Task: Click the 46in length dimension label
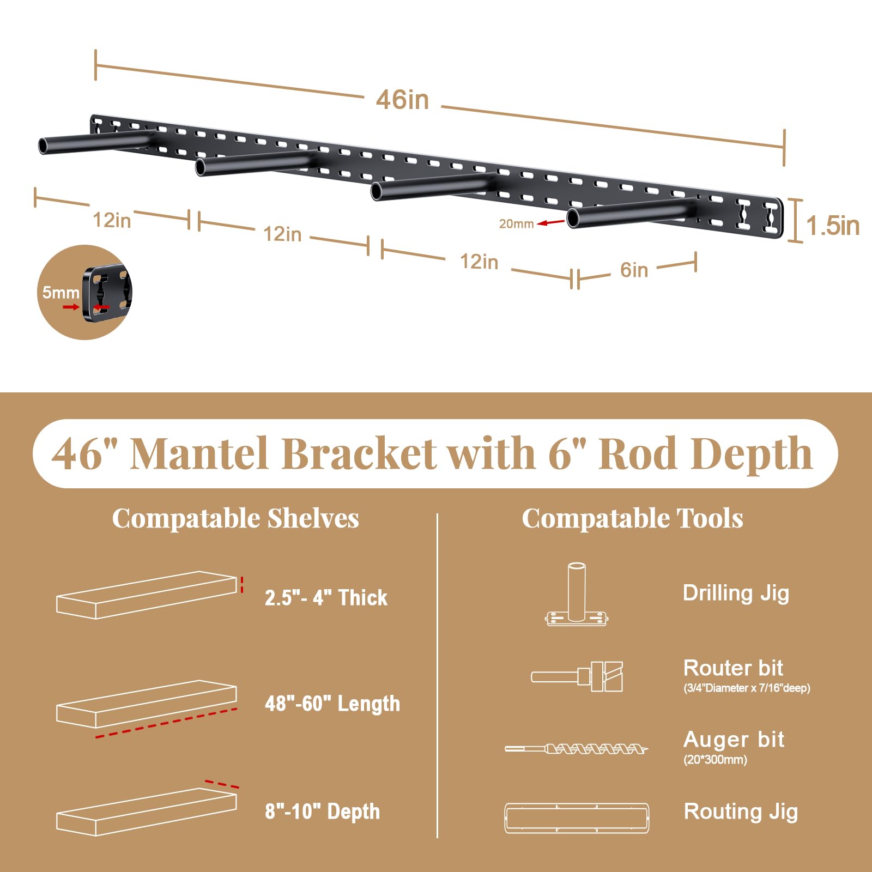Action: point(402,100)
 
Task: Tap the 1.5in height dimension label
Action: point(832,226)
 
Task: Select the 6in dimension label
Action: point(634,270)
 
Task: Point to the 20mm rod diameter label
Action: point(516,223)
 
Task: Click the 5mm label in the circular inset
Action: point(60,293)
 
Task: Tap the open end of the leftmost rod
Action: point(43,146)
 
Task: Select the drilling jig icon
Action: point(576,595)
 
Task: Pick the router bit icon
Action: point(578,676)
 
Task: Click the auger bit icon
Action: point(576,749)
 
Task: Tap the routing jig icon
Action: point(577,818)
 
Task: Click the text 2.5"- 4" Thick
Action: point(326,598)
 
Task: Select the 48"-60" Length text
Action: point(332,704)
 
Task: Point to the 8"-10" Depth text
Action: point(322,812)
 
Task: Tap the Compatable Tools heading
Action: point(632,518)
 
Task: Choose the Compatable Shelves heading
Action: point(235,518)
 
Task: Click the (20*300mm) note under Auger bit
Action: point(715,760)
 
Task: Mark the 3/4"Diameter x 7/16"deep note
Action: point(747,688)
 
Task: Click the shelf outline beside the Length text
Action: point(146,704)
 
